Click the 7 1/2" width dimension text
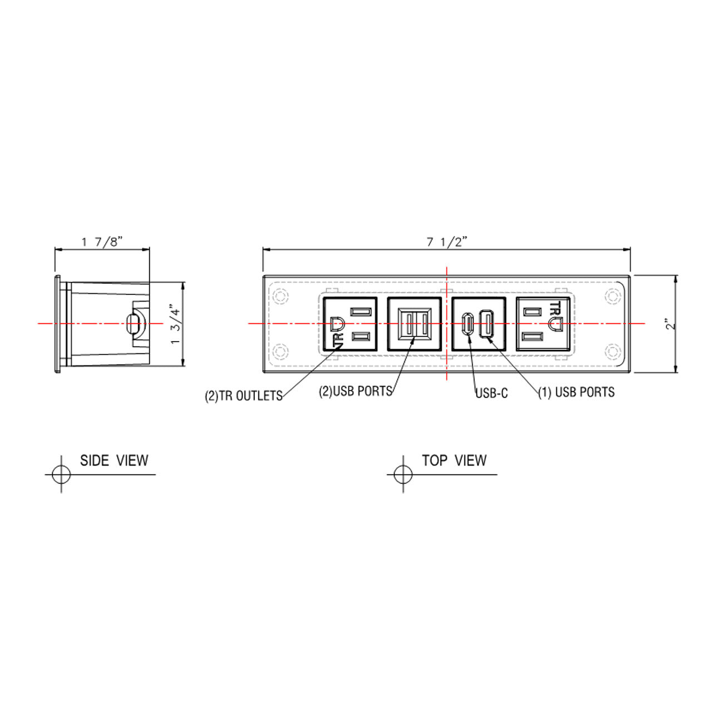(447, 243)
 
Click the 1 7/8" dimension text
(102, 242)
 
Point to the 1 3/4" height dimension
(175, 326)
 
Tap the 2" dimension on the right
(671, 324)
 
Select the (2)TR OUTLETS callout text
(244, 396)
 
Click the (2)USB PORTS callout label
(355, 391)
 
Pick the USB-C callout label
(492, 393)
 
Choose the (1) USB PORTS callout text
(576, 392)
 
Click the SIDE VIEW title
(114, 460)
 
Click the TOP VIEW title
(454, 460)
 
